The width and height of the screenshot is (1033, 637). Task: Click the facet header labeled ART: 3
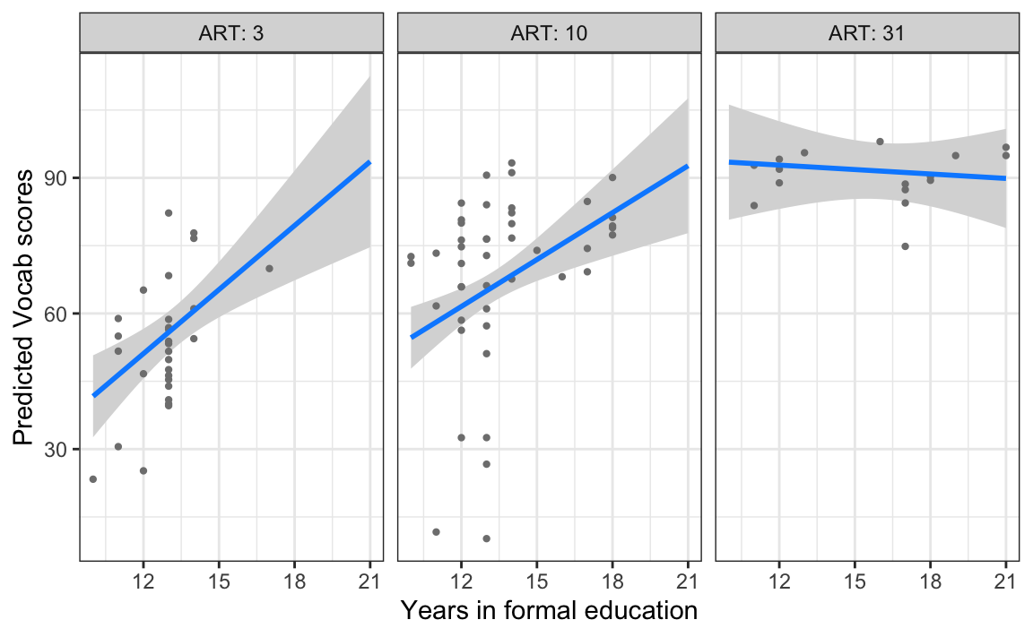231,35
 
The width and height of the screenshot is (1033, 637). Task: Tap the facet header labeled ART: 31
868,35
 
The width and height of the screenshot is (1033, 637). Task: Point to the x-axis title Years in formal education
549,611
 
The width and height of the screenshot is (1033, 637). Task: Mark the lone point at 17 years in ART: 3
269,268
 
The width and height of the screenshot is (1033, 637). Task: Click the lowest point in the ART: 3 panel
92,479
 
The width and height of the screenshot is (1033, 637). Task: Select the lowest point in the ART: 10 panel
486,538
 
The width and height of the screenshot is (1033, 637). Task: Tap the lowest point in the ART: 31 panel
905,246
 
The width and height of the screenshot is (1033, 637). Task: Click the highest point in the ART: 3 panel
169,212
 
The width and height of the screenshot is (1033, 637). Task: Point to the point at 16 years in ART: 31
880,142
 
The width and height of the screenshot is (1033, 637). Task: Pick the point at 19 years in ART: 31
955,155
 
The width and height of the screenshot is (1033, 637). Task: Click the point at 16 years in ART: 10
562,277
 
